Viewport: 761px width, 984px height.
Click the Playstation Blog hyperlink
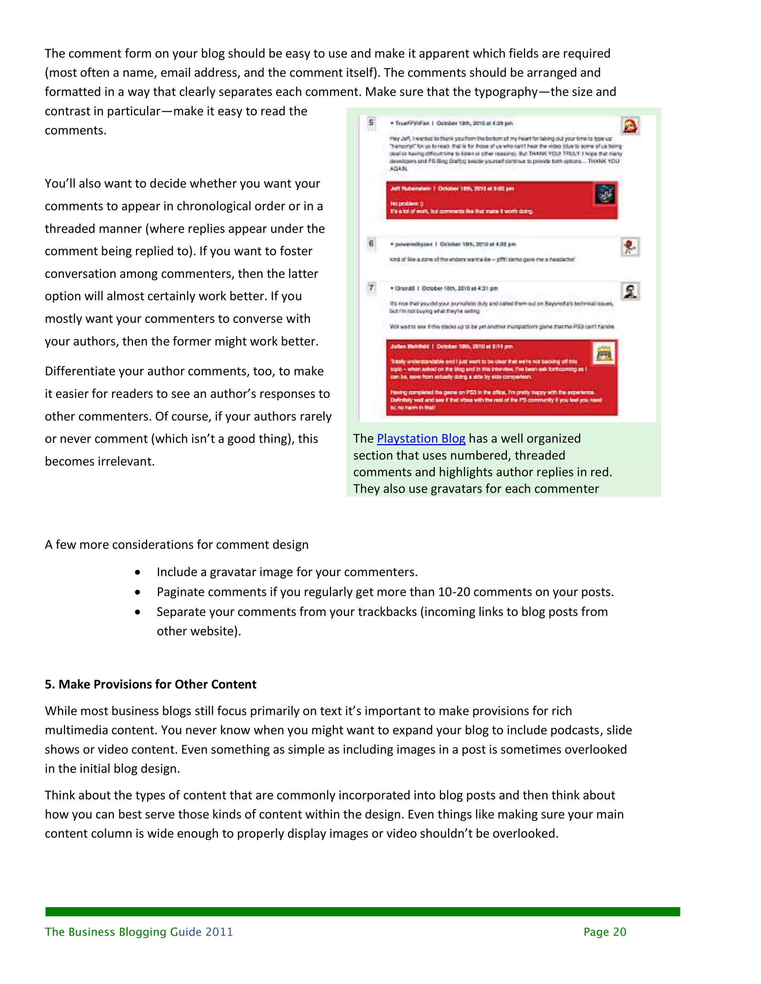click(x=421, y=439)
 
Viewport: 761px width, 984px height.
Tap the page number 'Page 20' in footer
click(x=605, y=932)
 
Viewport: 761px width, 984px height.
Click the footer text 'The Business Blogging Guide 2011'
click(x=139, y=932)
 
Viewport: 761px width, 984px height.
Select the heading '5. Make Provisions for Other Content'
click(x=150, y=684)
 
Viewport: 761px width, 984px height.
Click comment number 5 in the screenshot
click(x=371, y=123)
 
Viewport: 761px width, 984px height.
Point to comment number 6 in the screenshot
click(x=371, y=244)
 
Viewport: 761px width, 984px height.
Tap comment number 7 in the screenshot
click(x=371, y=287)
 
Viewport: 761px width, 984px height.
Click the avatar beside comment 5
click(x=630, y=126)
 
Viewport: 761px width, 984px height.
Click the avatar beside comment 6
click(x=630, y=247)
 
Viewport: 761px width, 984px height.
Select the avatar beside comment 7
click(x=630, y=291)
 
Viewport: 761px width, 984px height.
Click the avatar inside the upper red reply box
click(x=605, y=194)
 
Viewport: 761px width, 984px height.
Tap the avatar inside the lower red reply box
click(x=604, y=353)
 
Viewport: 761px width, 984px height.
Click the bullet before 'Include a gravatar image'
click(x=137, y=572)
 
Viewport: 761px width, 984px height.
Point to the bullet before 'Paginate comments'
click(x=137, y=592)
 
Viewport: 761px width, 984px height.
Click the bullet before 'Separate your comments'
click(x=137, y=612)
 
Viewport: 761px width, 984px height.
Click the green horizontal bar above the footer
click(x=362, y=912)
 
